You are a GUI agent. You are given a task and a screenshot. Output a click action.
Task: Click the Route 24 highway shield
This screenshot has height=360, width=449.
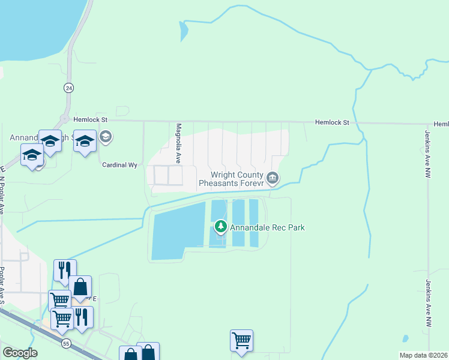69,88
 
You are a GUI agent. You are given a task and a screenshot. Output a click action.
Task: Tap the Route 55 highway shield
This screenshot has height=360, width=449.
65,342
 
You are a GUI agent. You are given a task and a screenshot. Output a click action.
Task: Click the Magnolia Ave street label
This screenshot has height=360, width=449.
178,143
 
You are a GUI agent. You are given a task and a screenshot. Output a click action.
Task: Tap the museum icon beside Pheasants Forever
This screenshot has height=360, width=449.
273,177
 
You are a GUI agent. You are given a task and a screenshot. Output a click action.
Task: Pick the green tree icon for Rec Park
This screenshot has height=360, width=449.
221,227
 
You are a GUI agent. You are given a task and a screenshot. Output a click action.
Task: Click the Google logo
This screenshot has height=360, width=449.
20,353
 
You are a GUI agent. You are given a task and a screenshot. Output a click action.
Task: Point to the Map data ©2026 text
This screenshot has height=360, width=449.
423,355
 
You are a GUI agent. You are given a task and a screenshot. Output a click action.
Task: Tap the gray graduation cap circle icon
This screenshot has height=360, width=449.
106,137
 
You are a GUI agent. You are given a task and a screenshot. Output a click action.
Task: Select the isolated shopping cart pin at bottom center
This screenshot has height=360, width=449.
241,340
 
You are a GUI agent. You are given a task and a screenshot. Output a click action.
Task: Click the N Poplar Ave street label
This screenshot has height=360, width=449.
2,190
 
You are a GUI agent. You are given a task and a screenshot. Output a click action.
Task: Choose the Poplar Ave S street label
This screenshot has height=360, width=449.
2,286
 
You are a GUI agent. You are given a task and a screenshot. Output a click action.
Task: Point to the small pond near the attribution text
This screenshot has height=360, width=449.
405,338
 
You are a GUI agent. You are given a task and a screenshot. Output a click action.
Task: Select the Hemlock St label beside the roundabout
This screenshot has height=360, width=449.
89,120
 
